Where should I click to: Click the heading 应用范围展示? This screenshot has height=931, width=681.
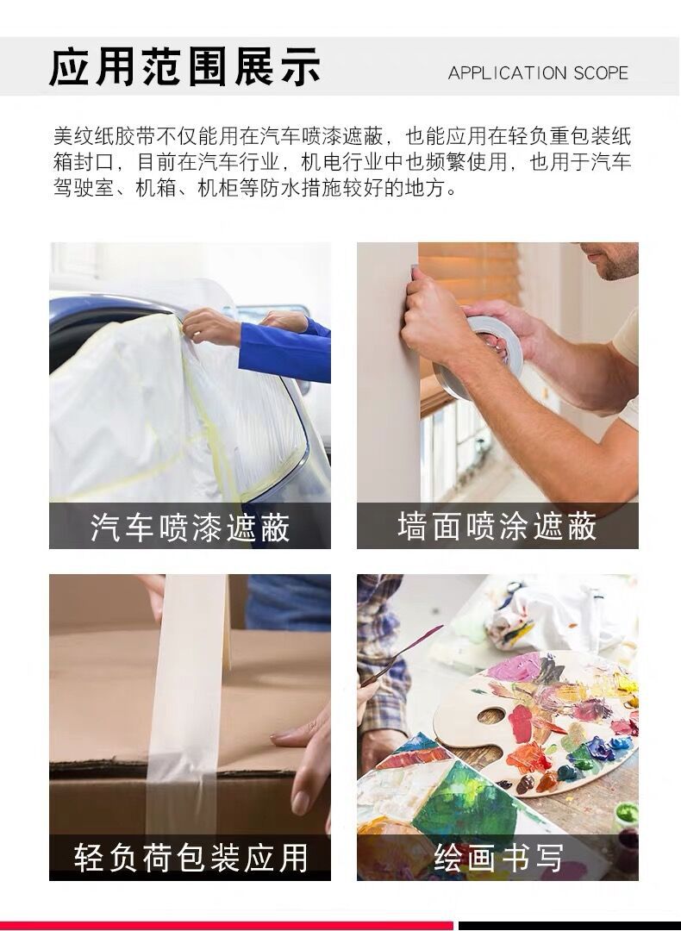click(x=184, y=66)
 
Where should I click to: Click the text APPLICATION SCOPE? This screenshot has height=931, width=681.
click(x=538, y=73)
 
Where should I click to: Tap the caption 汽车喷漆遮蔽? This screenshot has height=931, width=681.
click(x=190, y=528)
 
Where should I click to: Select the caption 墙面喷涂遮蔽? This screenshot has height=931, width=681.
click(x=497, y=526)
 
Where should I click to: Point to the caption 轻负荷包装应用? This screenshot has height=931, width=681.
click(x=190, y=858)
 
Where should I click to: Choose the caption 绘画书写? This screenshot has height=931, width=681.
click(x=497, y=858)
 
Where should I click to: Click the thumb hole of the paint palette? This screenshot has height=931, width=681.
click(x=492, y=715)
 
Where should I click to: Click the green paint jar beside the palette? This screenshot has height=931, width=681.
click(x=627, y=815)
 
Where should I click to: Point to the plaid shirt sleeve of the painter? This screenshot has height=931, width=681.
click(x=379, y=638)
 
